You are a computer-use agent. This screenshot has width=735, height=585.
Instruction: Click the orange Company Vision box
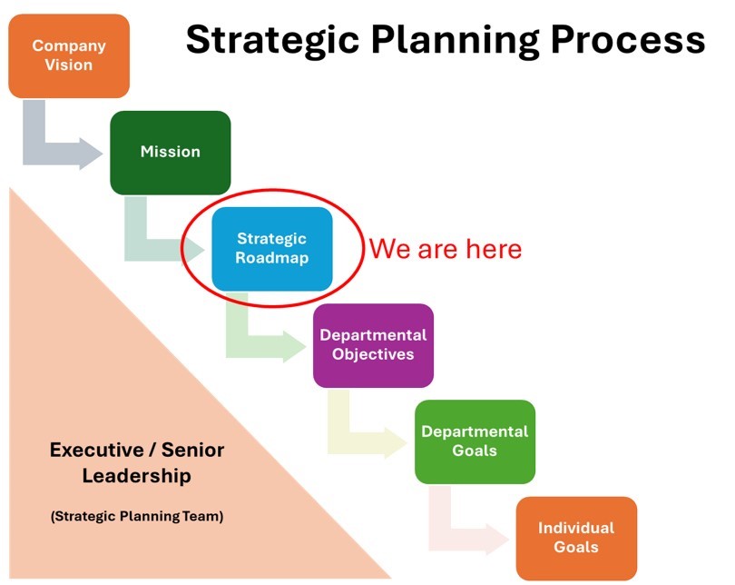pos(69,55)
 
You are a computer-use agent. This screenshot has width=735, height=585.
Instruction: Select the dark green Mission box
pos(171,153)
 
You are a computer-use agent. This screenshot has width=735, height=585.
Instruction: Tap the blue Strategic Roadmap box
pos(272,249)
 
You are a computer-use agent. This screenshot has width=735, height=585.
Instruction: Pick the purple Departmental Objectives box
pos(373,345)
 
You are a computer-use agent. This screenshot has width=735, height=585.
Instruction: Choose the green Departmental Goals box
pos(475,441)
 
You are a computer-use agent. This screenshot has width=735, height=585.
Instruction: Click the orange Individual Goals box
pos(576,538)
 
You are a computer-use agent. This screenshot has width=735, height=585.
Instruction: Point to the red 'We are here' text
pos(446,249)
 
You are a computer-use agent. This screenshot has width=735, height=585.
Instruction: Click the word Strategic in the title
pos(272,41)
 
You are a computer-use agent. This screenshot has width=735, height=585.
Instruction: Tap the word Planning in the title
pos(456,41)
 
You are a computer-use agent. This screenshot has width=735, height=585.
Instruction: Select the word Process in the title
pos(628,39)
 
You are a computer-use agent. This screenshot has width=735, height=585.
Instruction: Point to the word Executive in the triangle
pos(97,450)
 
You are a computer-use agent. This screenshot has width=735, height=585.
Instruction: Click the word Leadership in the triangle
pos(137,476)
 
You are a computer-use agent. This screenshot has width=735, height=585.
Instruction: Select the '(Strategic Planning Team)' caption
pos(137,517)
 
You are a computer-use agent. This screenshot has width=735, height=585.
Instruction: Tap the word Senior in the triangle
pos(192,450)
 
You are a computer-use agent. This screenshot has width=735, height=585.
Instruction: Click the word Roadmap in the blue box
pos(272,258)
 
